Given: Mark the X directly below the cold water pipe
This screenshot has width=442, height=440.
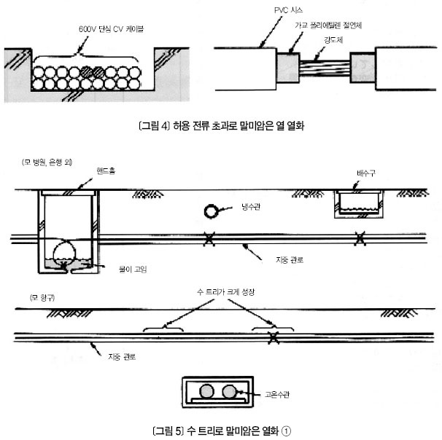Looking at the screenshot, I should click(x=209, y=237).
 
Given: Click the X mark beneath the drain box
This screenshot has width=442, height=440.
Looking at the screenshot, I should click(x=358, y=237).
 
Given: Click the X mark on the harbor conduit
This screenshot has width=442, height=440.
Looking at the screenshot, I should click(x=273, y=337).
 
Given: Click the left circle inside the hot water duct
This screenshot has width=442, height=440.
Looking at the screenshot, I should click(x=206, y=391).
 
